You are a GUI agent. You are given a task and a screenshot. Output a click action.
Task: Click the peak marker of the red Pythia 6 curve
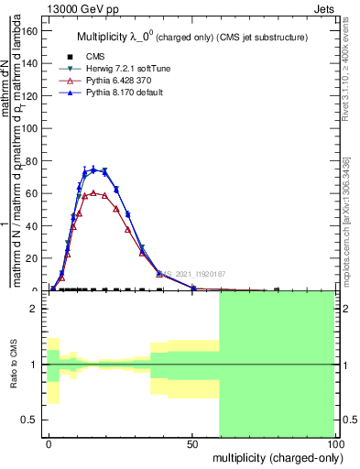[x=93, y=192]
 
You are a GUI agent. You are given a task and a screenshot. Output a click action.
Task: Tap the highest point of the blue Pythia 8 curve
[x=93, y=169]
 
